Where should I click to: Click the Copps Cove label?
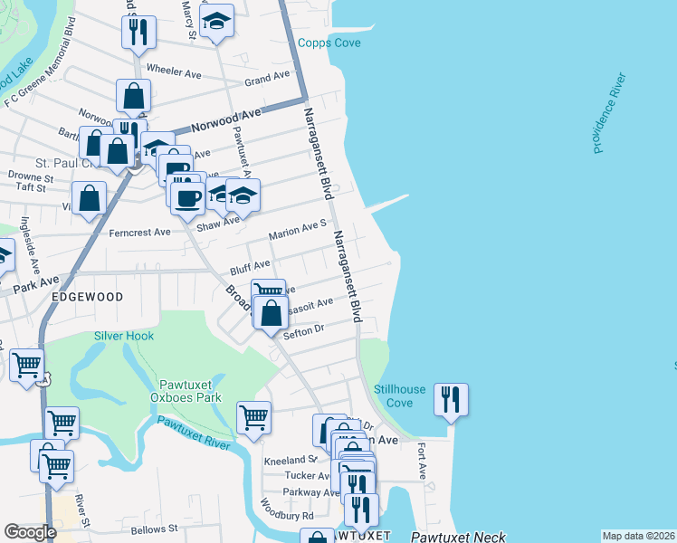tap(329, 43)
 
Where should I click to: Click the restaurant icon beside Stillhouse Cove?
tap(451, 398)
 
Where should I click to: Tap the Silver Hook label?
tap(124, 336)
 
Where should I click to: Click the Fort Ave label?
tap(422, 461)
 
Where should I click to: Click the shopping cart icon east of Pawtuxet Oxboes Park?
tap(254, 418)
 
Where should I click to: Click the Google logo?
tap(30, 532)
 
